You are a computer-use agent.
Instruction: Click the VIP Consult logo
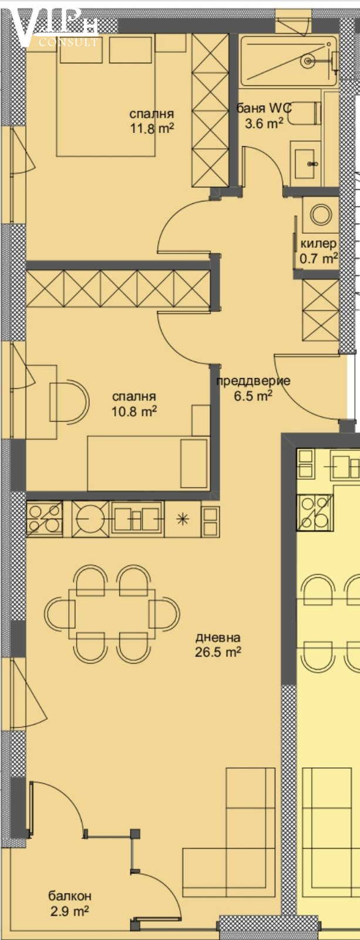pyautogui.click(x=55, y=26)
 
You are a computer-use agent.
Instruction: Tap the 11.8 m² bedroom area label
pyautogui.click(x=152, y=121)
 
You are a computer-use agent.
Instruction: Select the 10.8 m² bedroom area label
pyautogui.click(x=134, y=404)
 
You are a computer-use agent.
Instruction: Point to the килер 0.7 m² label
pyautogui.click(x=318, y=251)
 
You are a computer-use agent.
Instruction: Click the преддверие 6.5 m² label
pyautogui.click(x=253, y=388)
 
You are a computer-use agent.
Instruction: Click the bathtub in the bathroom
pyautogui.click(x=289, y=62)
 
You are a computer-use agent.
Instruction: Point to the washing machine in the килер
pyautogui.click(x=321, y=214)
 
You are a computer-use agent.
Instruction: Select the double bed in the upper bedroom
pyautogui.click(x=106, y=96)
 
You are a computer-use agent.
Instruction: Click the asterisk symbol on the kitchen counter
pyautogui.click(x=182, y=519)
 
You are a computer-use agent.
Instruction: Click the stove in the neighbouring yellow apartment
pyautogui.click(x=315, y=512)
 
